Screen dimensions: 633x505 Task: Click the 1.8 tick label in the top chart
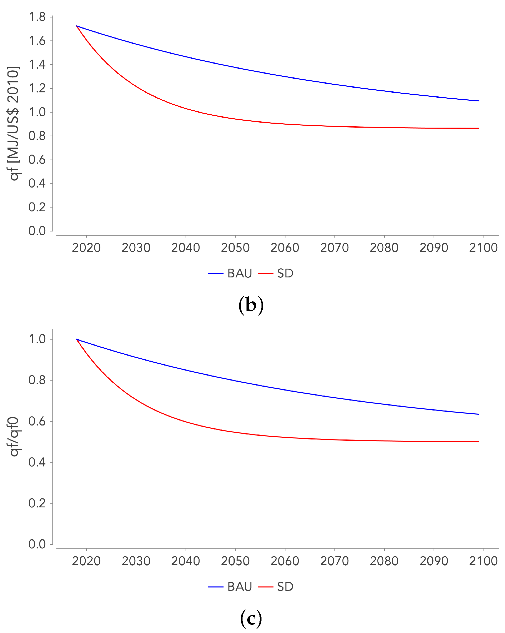coord(37,17)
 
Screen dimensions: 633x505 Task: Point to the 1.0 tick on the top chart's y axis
coord(37,112)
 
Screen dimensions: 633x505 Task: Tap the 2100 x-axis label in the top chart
coord(483,248)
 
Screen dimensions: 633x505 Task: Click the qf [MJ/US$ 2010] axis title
coord(13,123)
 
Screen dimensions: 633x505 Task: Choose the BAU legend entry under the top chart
coord(230,273)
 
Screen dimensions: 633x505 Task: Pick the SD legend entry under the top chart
coord(276,273)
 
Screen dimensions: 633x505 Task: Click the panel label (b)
coord(251,305)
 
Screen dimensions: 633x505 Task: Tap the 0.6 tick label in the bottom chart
coord(37,421)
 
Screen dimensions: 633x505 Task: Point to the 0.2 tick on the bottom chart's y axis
coord(37,503)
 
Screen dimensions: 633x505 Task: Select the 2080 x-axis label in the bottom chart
coord(384,561)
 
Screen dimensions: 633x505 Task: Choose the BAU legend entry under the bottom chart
coord(230,587)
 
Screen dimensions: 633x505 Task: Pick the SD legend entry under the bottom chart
coord(276,587)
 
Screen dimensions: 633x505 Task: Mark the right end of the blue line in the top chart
coord(479,101)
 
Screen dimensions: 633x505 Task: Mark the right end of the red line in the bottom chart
coord(479,441)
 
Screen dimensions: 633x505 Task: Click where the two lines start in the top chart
coord(77,26)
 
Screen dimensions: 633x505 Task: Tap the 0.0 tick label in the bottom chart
coord(37,544)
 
